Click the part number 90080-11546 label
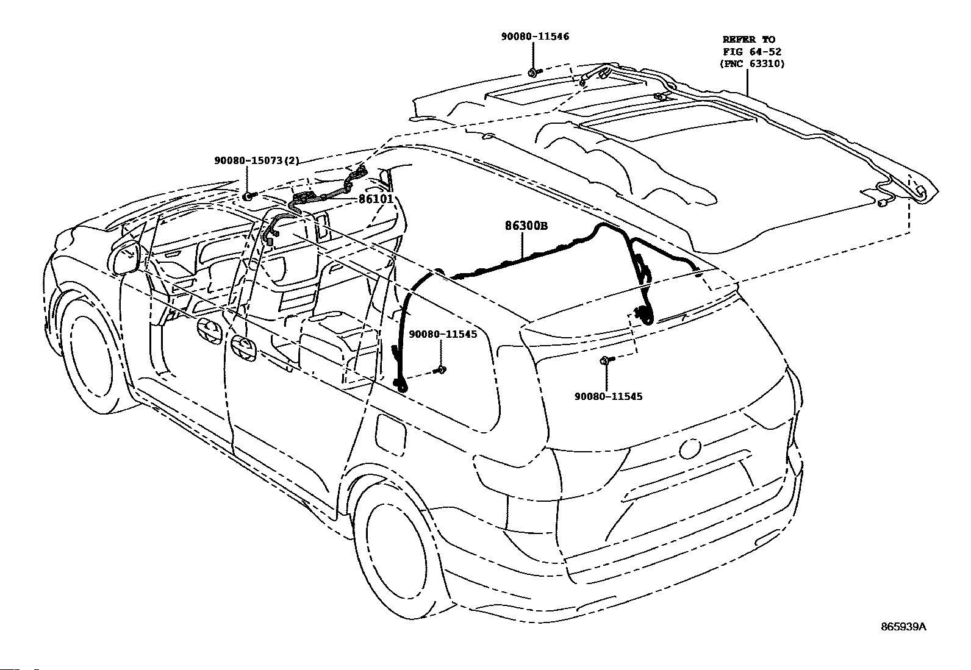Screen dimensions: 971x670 [535, 37]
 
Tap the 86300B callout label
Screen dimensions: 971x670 [526, 226]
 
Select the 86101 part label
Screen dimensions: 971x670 [376, 199]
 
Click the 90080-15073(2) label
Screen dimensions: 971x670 [257, 160]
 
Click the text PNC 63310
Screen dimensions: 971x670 [753, 63]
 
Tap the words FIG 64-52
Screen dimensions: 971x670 [752, 52]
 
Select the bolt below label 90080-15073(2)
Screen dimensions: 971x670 [249, 196]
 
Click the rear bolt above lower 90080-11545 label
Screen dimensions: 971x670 [606, 360]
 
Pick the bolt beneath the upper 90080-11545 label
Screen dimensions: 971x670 [440, 369]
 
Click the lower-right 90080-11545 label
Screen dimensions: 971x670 [608, 396]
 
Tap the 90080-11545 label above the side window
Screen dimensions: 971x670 [443, 334]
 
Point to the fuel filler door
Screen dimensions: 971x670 [391, 435]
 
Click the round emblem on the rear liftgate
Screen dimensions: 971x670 [690, 448]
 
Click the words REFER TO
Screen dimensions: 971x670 [748, 40]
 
